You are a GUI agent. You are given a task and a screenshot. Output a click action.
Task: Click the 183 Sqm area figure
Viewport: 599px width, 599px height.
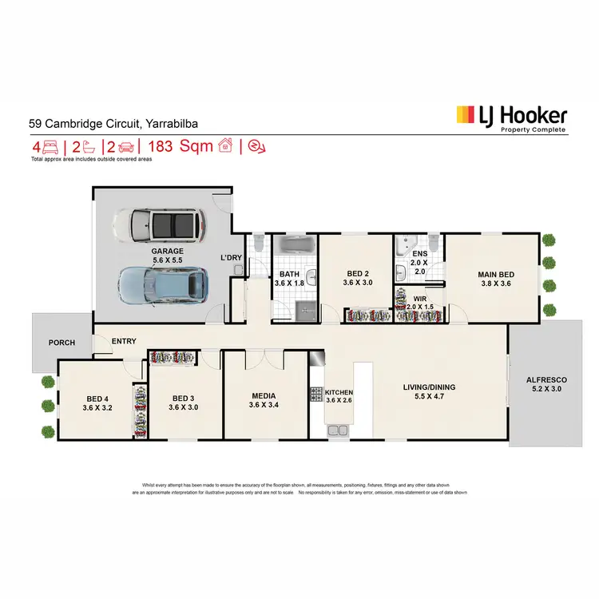pyautogui.click(x=185, y=146)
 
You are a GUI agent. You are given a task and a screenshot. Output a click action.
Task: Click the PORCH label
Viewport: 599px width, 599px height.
pyautogui.click(x=61, y=343)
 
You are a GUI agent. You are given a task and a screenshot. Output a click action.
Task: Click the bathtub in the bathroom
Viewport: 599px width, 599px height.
pyautogui.click(x=295, y=244)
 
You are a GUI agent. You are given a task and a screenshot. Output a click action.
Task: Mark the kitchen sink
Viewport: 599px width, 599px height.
pyautogui.click(x=338, y=430)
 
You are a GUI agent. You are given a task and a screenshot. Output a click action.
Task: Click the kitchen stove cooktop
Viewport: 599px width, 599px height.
pyautogui.click(x=315, y=393)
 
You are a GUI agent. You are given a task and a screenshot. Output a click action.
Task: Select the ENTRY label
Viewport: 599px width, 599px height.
pyautogui.click(x=124, y=341)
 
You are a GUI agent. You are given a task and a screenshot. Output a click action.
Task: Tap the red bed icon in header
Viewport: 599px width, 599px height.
pyautogui.click(x=50, y=146)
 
